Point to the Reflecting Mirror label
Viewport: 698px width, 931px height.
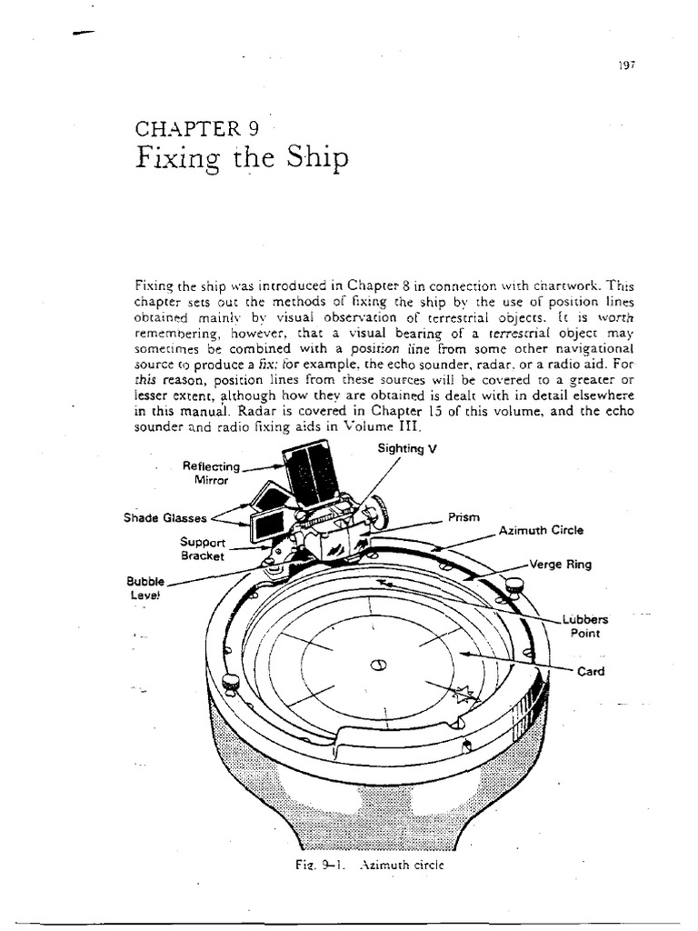(211, 473)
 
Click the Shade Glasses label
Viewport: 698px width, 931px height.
(165, 519)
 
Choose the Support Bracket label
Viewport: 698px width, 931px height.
(202, 548)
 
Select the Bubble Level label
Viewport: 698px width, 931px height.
(144, 587)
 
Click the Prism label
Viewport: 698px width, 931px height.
(463, 517)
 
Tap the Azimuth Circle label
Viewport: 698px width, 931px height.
(541, 530)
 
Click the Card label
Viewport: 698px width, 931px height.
(591, 673)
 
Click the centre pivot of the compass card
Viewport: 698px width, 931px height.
(379, 665)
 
